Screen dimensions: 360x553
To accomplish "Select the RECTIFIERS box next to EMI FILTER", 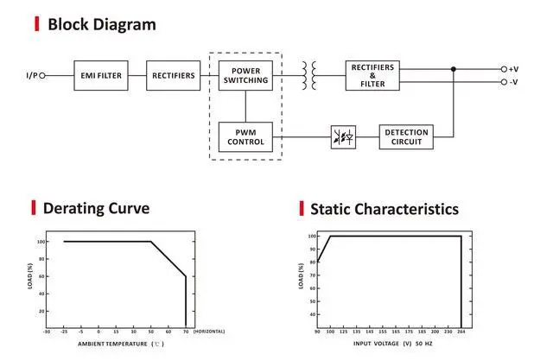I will pos(174,75).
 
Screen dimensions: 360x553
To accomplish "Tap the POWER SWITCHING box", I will pos(245,75).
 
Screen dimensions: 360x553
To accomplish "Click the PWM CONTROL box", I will pos(245,136).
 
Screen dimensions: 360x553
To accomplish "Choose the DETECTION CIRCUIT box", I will pos(405,136).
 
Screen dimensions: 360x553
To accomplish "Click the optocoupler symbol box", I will pos(342,136).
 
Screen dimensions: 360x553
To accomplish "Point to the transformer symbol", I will pos(309,75).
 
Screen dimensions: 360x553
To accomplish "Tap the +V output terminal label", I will pos(512,69).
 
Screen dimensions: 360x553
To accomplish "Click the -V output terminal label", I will pos(512,82).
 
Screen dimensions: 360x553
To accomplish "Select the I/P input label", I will pos(31,75).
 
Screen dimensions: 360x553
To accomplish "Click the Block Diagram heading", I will pos(102,24).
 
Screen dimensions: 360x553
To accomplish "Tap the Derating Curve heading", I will pos(96,208).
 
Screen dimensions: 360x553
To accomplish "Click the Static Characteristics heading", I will pos(384,209).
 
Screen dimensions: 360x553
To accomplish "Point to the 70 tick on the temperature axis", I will pos(186,332).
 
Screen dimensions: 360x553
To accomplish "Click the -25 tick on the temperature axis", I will pos(63,332).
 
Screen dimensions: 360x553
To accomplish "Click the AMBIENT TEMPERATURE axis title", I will pos(111,344).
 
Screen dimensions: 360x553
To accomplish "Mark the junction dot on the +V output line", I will pos(454,69).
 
